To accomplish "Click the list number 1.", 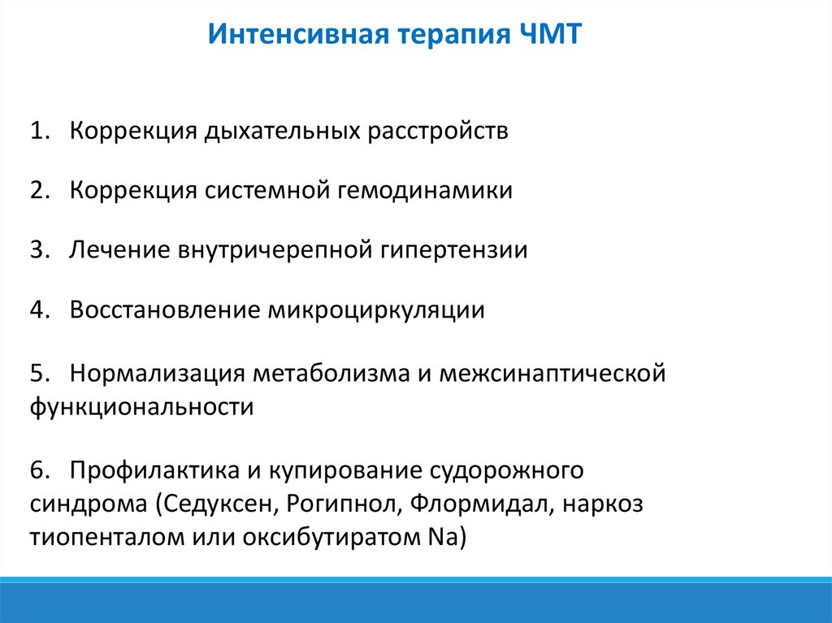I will pyautogui.click(x=41, y=132).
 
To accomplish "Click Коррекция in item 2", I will pyautogui.click(x=133, y=191).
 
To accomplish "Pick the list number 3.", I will pyautogui.click(x=41, y=250).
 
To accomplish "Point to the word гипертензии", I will pyautogui.click(x=453, y=250).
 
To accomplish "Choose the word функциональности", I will pyautogui.click(x=142, y=406).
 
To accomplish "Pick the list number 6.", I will pyautogui.click(x=41, y=470).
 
